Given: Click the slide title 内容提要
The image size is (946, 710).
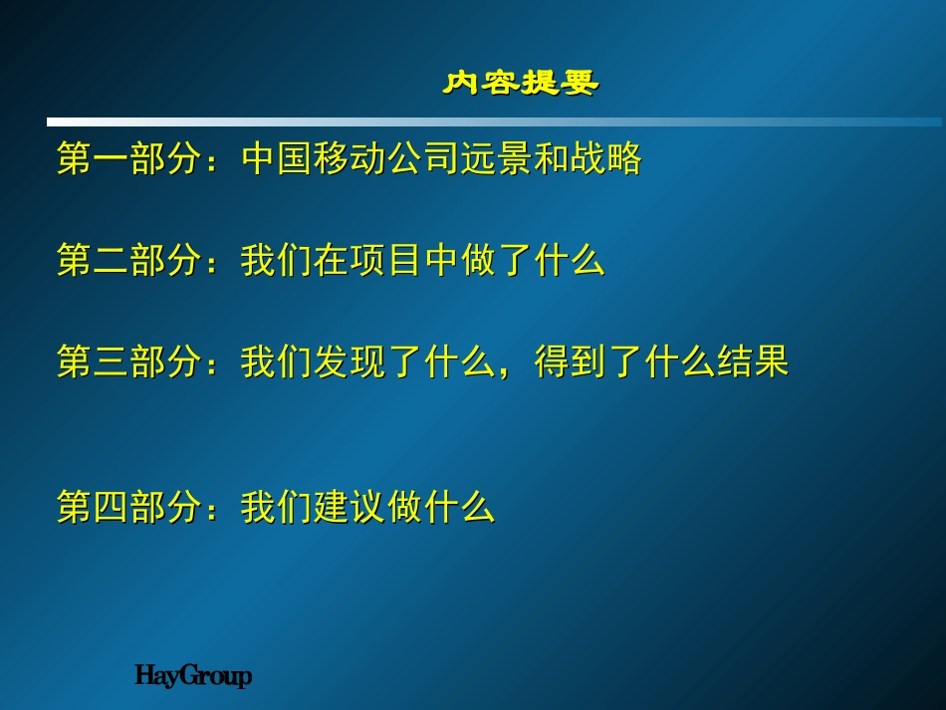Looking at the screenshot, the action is pyautogui.click(x=521, y=83).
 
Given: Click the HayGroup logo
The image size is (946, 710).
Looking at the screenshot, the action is pyautogui.click(x=193, y=675).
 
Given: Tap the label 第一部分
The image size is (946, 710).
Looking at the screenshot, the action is pyautogui.click(x=129, y=158).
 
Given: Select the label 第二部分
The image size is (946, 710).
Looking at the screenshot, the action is pyautogui.click(x=129, y=260).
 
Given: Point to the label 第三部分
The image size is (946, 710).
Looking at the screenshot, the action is pyautogui.click(x=129, y=361).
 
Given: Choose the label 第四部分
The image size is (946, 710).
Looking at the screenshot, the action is pyautogui.click(x=129, y=506).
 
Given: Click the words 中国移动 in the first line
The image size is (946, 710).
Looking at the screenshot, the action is pyautogui.click(x=314, y=158).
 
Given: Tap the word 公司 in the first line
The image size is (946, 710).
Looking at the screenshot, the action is pyautogui.click(x=423, y=158).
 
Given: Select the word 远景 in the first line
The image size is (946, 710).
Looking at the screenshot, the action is pyautogui.click(x=497, y=158).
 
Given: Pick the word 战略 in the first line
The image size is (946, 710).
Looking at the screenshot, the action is pyautogui.click(x=606, y=158).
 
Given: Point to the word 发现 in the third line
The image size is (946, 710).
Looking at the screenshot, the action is pyautogui.click(x=350, y=361).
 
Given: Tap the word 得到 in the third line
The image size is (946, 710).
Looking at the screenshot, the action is pyautogui.click(x=571, y=361).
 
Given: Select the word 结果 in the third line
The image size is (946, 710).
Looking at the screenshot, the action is pyautogui.click(x=754, y=361).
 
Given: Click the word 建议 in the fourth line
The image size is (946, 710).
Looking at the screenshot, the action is pyautogui.click(x=350, y=506).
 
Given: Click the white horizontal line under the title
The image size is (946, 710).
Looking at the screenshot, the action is pyautogui.click(x=494, y=121).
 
